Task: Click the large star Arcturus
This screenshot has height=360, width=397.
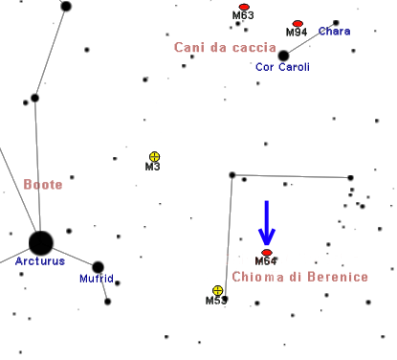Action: click(x=41, y=243)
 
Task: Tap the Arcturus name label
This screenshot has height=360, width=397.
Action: click(x=40, y=261)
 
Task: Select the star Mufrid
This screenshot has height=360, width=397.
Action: click(x=98, y=267)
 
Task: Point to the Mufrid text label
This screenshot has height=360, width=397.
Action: click(x=97, y=279)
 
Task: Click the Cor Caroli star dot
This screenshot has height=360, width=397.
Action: click(x=283, y=56)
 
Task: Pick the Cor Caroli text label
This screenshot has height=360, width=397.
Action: click(x=282, y=67)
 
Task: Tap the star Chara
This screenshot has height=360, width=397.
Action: click(x=336, y=23)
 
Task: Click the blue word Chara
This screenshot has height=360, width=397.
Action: click(x=335, y=32)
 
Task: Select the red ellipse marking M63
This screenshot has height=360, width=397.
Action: click(x=244, y=7)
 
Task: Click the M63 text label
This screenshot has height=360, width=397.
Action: click(x=243, y=15)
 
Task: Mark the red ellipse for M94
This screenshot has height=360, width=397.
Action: click(x=298, y=24)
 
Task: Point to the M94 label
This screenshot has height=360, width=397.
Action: click(x=297, y=32)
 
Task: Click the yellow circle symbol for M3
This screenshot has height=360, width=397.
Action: click(x=154, y=157)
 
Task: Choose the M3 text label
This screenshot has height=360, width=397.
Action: click(x=152, y=167)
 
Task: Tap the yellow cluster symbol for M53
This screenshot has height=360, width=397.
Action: click(x=218, y=291)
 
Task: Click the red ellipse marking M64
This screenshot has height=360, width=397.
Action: click(x=267, y=253)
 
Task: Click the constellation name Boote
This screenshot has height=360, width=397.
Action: click(x=43, y=185)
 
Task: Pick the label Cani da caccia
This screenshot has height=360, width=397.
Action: click(x=225, y=48)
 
